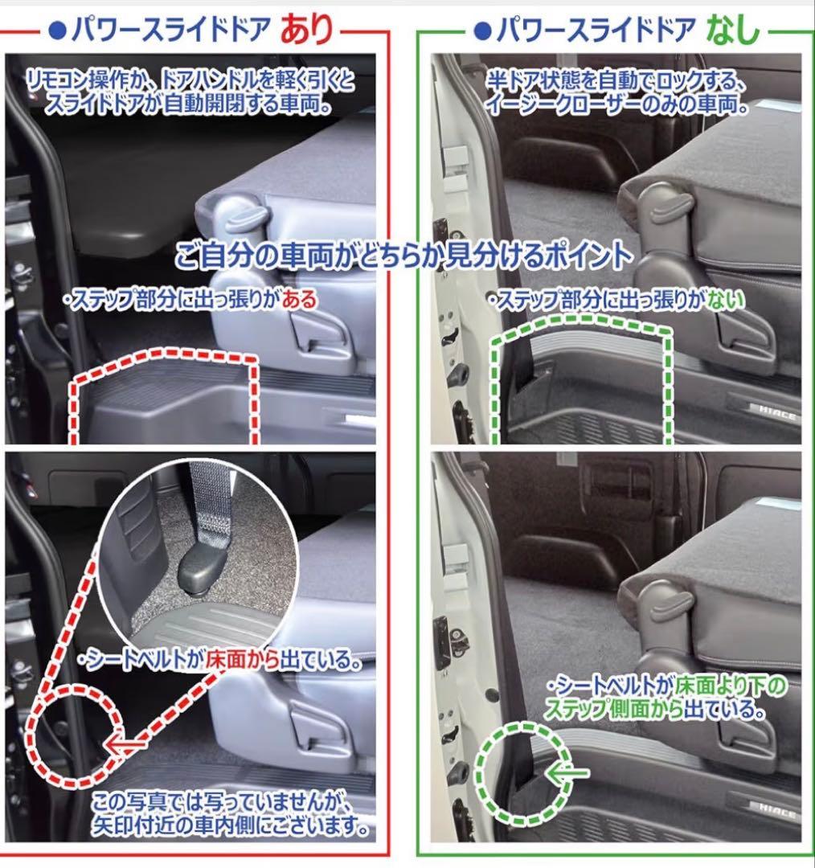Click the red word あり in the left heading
pos(307,29)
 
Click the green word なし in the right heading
pos(732,29)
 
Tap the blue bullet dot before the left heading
pos(57,31)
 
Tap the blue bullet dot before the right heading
pos(483,31)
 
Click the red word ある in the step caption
pos(299,300)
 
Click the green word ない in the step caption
pos(725,300)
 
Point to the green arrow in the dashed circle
pos(567,772)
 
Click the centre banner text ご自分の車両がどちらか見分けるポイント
pos(403,256)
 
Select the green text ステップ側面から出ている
pos(653,709)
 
